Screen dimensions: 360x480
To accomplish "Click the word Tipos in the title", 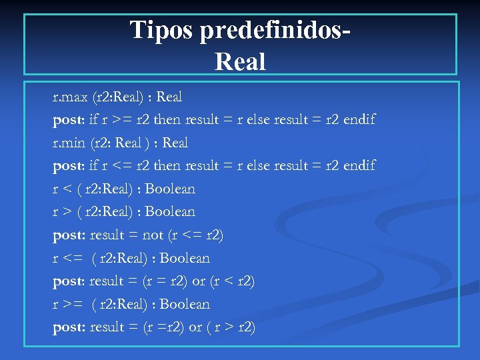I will coord(161,31).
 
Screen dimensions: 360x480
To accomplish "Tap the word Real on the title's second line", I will coord(240,62).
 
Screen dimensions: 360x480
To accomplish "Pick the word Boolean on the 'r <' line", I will coord(170,189).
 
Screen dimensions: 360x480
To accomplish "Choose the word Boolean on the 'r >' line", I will coord(170,212).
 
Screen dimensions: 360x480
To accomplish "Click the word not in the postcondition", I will coord(153,235).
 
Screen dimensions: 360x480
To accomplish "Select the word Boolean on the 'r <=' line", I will coord(185,258).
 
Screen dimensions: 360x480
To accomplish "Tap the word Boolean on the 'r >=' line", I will coord(185,304).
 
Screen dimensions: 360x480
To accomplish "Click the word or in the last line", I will coord(198,327).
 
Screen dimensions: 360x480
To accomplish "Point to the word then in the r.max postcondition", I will coord(167,120).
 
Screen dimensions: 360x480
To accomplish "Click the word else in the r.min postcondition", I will coord(267,165).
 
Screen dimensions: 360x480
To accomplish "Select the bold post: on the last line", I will coord(69,327).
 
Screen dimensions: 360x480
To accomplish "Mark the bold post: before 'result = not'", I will coord(69,235).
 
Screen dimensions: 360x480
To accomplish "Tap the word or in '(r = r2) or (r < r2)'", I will coord(199,281).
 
